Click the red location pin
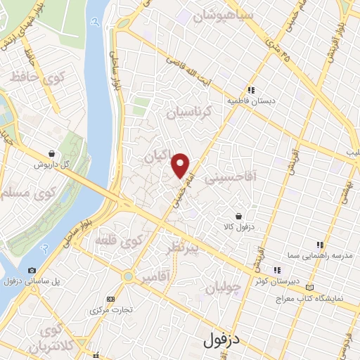click(181, 165)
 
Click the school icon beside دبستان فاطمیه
click(250, 89)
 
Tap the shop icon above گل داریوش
click(52, 153)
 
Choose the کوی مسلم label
click(34, 190)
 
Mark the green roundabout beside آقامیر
click(127, 276)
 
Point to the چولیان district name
click(226, 287)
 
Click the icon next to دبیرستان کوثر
click(277, 269)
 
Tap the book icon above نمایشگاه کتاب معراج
click(310, 287)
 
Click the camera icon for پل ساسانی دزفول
click(31, 270)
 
